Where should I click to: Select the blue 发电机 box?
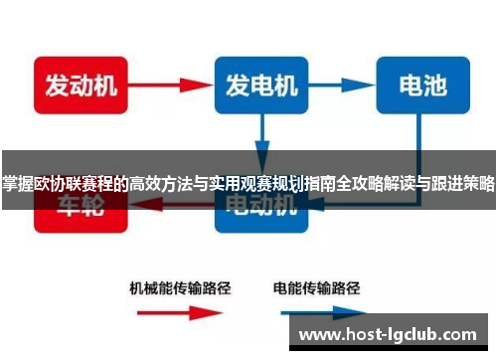tap(259, 86)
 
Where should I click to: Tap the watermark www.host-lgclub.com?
tap(393, 335)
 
